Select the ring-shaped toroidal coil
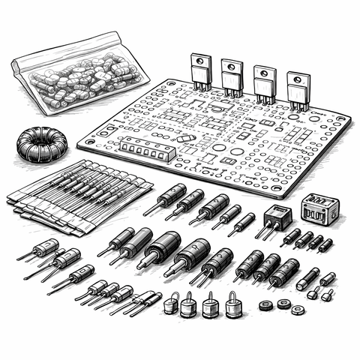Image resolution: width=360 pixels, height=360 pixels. tap(40, 142)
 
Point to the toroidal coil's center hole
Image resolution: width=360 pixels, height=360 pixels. tap(40, 139)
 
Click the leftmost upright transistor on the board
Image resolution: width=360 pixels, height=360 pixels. tap(200, 73)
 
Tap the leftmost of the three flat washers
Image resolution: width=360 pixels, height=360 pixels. tap(265, 305)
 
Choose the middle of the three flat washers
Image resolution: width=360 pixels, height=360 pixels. tap(283, 303)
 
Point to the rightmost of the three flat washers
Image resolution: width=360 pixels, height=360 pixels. tap(298, 309)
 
